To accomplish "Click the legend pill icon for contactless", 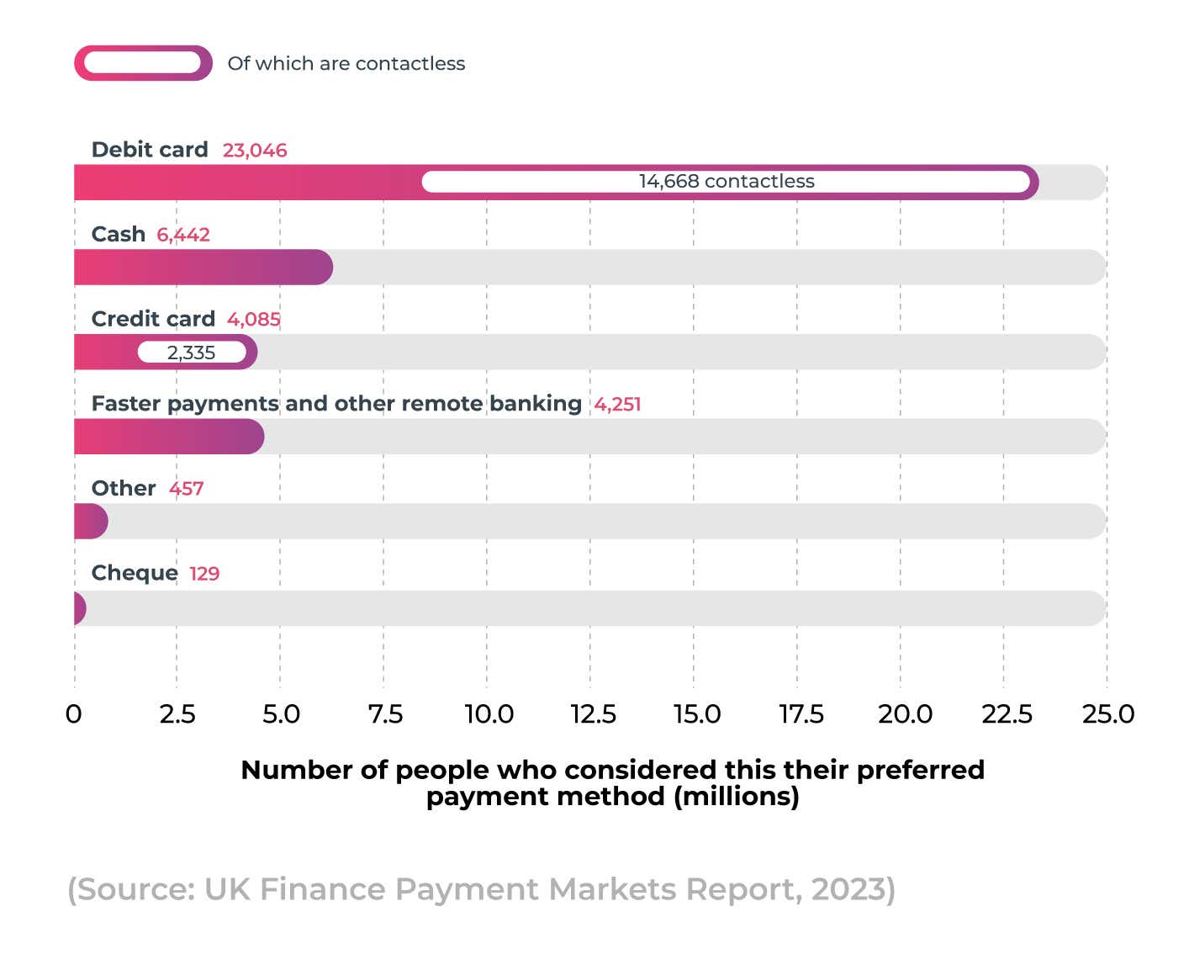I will [143, 63].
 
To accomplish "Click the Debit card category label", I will [150, 150].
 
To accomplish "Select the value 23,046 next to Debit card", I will [255, 151].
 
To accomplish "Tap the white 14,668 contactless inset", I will [726, 182].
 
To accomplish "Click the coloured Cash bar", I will [203, 268].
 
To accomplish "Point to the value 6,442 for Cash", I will [183, 235].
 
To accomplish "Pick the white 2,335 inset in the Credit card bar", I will [192, 353].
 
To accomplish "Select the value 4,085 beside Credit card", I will [254, 320].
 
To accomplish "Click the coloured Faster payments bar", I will [168, 437].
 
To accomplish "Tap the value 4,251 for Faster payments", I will [617, 405].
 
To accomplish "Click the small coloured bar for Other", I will [90, 522].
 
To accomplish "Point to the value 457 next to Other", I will [186, 489].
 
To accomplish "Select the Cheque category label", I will [135, 573].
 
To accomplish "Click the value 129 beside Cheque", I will [204, 574].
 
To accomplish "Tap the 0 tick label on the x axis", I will [74, 714].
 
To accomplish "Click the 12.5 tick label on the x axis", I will [593, 714].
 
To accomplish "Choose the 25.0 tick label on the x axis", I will [1108, 714].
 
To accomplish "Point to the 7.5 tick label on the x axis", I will [385, 714].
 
